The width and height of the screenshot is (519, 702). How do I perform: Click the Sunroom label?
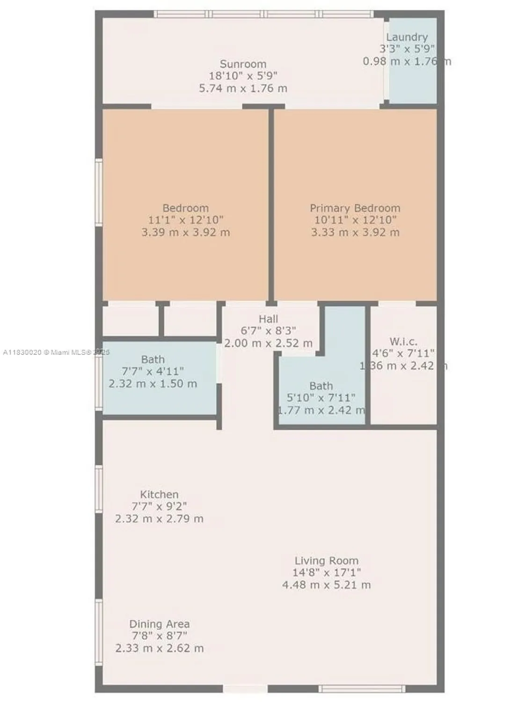tap(243, 64)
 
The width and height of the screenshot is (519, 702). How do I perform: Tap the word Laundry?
tap(407, 37)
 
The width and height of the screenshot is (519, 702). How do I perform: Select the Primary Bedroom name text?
tap(355, 208)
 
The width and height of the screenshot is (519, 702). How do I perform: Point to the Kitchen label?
tap(159, 495)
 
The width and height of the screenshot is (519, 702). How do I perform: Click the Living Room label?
tap(326, 561)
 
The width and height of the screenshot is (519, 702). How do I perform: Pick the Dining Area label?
tap(159, 624)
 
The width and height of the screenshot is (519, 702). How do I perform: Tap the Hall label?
tap(268, 319)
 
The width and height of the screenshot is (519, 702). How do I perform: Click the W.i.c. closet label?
tap(403, 342)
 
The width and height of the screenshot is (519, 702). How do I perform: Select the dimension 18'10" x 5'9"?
tap(243, 76)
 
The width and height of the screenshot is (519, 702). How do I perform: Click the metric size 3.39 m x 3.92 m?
tap(185, 232)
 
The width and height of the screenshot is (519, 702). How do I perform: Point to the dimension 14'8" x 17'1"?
tap(326, 572)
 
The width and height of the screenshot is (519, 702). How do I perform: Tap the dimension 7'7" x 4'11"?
tap(153, 372)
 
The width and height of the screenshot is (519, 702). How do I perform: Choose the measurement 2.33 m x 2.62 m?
tap(159, 649)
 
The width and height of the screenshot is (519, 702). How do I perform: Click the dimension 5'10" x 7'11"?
tap(321, 398)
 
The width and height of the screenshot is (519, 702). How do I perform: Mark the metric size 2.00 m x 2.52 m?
tap(268, 343)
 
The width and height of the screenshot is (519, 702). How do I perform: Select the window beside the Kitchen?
tap(99, 489)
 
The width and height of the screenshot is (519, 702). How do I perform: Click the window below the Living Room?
tap(362, 688)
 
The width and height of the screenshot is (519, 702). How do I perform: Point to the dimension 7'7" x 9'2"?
tap(159, 506)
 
